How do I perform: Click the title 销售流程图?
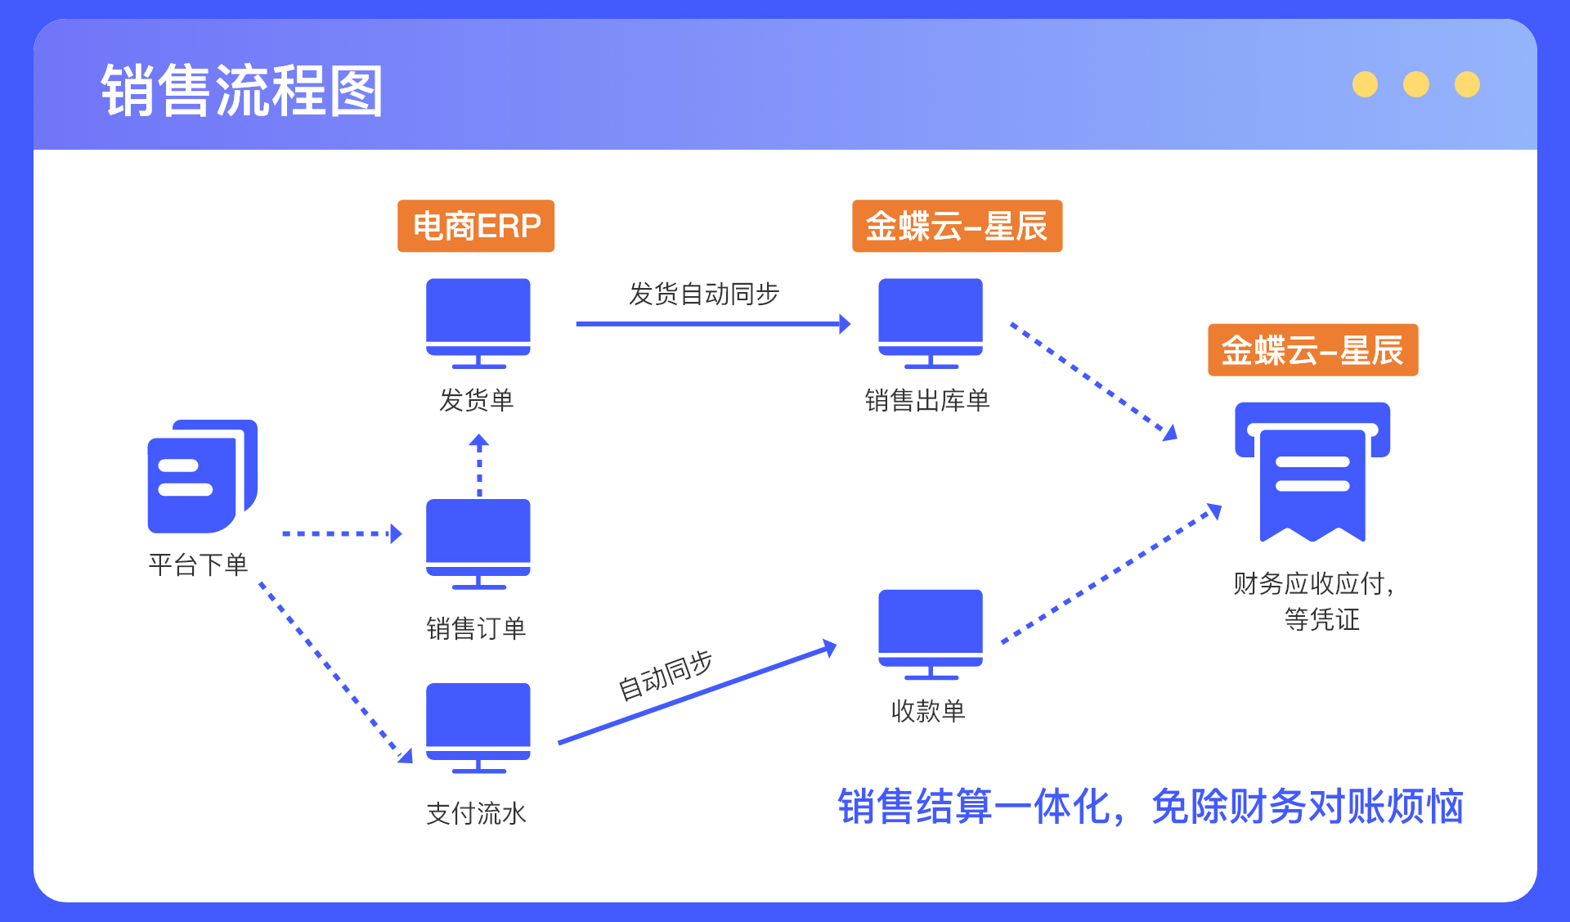click(242, 90)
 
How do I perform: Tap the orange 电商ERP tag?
click(476, 226)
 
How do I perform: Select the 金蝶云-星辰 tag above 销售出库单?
click(957, 226)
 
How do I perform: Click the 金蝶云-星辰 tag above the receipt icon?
click(1312, 350)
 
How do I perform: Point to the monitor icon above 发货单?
click(478, 323)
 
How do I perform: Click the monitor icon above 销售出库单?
click(931, 323)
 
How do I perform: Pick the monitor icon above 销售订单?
click(478, 544)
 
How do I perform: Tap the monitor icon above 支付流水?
click(478, 727)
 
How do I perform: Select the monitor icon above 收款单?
click(931, 634)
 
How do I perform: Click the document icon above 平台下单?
click(202, 476)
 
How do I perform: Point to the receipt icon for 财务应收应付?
click(1312, 472)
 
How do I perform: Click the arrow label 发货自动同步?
click(704, 294)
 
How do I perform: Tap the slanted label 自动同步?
click(665, 676)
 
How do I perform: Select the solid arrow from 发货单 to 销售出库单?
click(713, 324)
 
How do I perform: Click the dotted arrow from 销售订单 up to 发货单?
click(479, 465)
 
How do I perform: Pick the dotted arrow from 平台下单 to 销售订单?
click(342, 533)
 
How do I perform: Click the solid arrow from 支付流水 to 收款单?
click(698, 692)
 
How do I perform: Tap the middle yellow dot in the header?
click(1416, 84)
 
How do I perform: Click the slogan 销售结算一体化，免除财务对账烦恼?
click(1151, 807)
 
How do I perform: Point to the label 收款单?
click(928, 711)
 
